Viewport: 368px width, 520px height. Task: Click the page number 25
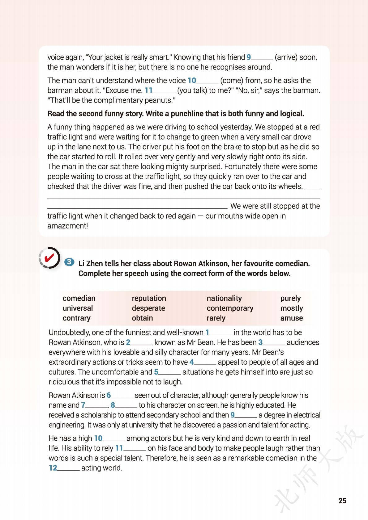(x=342, y=501)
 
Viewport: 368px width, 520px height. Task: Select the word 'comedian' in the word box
(x=79, y=298)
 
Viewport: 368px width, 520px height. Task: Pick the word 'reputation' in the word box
(x=149, y=298)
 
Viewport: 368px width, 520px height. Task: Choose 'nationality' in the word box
(x=224, y=298)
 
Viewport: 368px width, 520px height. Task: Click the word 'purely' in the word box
(x=290, y=298)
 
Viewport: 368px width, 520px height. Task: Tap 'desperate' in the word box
(x=148, y=308)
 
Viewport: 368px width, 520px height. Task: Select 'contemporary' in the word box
(x=230, y=308)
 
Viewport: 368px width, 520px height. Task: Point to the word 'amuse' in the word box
(x=291, y=318)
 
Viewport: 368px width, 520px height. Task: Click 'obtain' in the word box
(x=142, y=318)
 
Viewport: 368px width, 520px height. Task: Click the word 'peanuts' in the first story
(x=159, y=100)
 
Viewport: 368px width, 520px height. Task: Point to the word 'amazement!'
(x=68, y=226)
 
